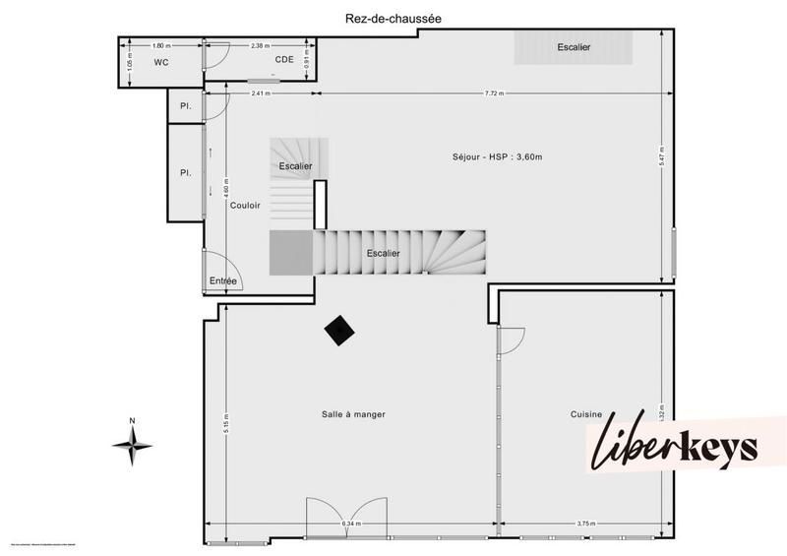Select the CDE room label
(x=283, y=60)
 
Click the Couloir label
(x=245, y=206)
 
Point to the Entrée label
(x=223, y=281)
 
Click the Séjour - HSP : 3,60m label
(x=496, y=156)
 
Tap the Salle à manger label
(x=353, y=414)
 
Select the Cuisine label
(x=586, y=414)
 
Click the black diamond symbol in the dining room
(x=340, y=332)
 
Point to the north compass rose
(x=132, y=445)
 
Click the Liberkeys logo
(x=675, y=446)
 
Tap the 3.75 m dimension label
(x=586, y=525)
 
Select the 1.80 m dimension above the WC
(x=161, y=45)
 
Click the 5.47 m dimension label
(x=662, y=155)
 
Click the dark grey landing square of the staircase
(x=290, y=253)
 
